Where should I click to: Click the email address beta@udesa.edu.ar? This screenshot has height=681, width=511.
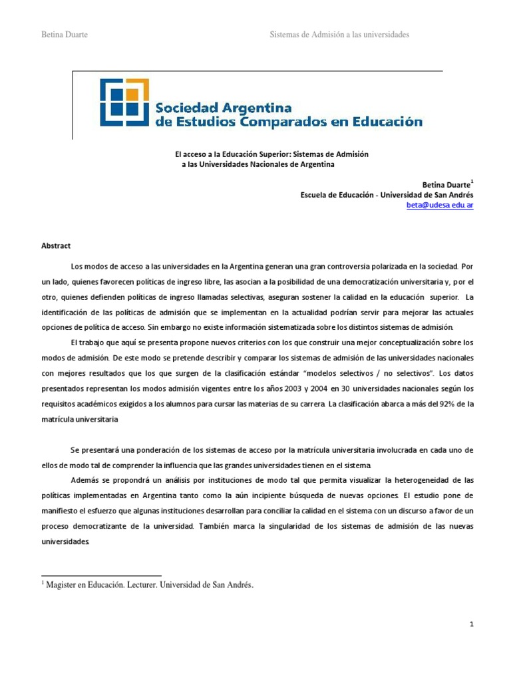[440, 205]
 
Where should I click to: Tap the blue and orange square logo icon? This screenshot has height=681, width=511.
[124, 102]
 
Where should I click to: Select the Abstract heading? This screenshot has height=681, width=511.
[56, 245]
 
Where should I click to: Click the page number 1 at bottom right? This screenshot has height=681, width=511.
[471, 624]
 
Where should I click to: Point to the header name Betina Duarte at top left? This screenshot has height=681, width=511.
[65, 34]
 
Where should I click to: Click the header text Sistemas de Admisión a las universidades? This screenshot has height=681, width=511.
[339, 34]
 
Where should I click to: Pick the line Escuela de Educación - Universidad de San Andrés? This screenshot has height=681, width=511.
[387, 195]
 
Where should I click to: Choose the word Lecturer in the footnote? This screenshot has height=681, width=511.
[159, 585]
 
